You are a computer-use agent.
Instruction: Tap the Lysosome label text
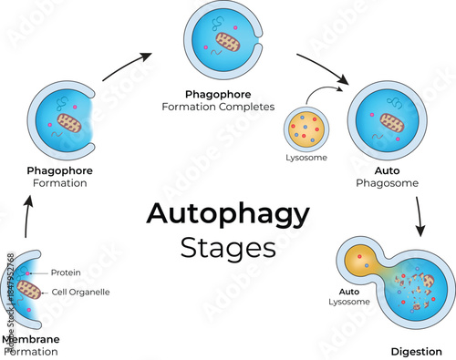tap(306, 158)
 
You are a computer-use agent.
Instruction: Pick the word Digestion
tap(417, 350)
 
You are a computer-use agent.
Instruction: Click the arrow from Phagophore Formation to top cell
tap(125, 67)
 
